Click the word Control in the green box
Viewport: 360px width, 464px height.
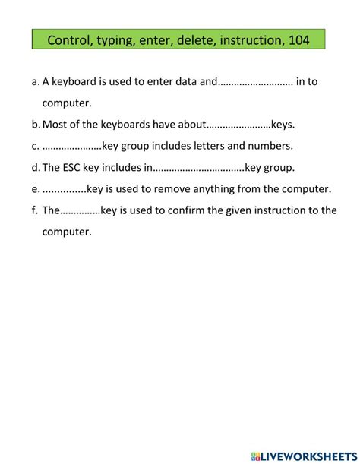69,39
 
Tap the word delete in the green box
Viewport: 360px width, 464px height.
195,39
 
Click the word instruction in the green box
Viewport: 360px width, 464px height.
251,39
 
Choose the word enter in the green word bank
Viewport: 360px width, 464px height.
155,39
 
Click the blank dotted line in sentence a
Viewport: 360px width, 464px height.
255,82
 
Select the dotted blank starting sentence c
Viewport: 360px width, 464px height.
72,146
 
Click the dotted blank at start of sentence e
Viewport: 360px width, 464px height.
65,189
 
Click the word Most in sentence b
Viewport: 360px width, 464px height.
55,125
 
